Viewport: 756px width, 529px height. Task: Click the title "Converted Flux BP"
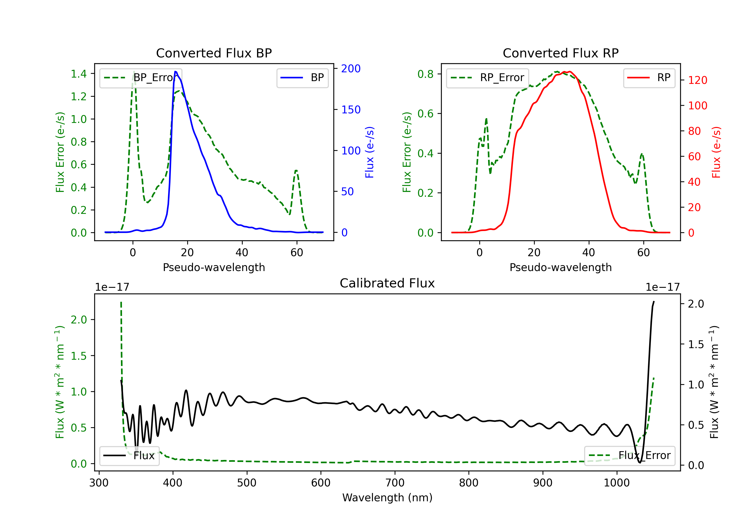[214, 53]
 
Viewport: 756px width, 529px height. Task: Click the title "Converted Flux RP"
[560, 53]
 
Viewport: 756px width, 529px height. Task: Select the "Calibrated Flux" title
[387, 283]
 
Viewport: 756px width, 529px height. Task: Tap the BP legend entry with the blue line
[302, 78]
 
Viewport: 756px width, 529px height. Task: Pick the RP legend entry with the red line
[649, 78]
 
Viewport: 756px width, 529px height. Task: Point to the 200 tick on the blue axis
[351, 69]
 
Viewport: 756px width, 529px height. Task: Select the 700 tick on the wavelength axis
[395, 483]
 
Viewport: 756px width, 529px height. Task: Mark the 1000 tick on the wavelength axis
[617, 483]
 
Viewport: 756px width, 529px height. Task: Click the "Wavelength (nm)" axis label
[387, 498]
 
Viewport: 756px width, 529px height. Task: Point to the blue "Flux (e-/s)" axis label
[369, 152]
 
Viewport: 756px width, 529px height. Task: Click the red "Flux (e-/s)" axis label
[716, 152]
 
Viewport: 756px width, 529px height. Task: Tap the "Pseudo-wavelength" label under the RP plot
[560, 267]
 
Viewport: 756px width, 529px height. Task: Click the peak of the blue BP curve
[175, 72]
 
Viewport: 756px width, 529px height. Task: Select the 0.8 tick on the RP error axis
[425, 74]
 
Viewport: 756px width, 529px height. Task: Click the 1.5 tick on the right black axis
[696, 344]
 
